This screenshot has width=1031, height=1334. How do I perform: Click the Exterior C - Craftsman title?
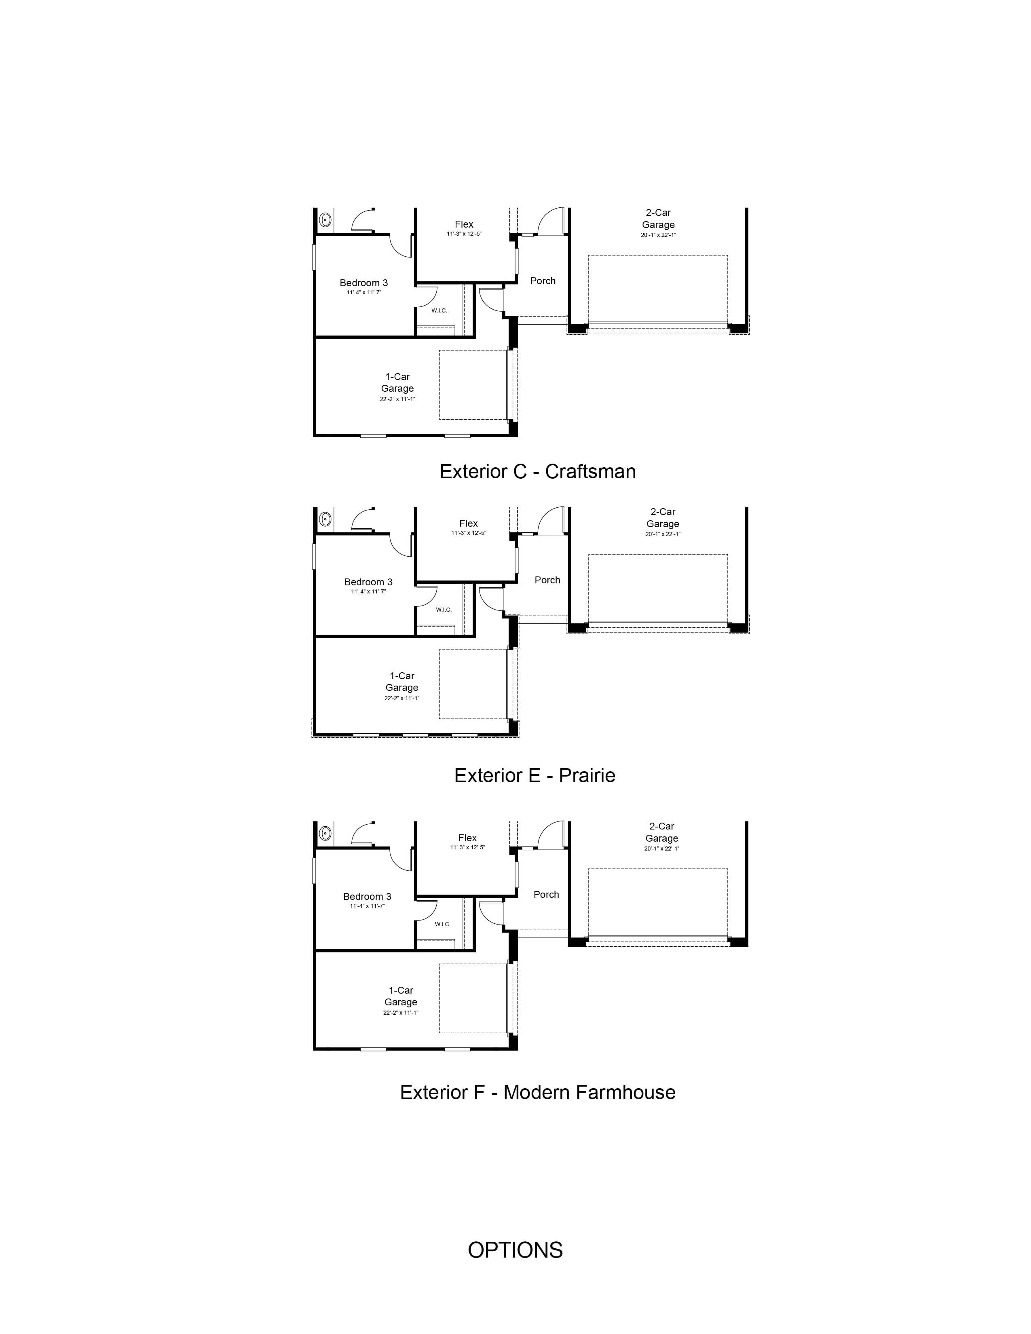pos(537,471)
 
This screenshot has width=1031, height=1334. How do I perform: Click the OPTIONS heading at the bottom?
pos(515,1250)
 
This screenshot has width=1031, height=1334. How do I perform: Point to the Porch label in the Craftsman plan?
pos(542,281)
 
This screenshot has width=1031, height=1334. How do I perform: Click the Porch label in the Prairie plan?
pos(547,580)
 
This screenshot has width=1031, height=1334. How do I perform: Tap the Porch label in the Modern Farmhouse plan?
pos(546,894)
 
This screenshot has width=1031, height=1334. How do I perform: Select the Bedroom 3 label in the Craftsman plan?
pos(363,283)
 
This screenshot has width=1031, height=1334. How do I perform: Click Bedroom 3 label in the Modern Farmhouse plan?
pos(367,897)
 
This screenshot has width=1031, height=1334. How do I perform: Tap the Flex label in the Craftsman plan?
pos(464,225)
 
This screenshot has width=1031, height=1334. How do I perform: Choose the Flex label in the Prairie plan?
pos(469,523)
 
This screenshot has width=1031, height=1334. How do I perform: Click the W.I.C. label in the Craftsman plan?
pos(439,311)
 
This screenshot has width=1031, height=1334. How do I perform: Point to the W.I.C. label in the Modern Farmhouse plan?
pos(443,924)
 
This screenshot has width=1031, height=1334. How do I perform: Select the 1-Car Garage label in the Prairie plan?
pos(402,682)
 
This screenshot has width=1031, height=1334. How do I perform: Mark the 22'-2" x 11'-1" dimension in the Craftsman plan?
pos(397,399)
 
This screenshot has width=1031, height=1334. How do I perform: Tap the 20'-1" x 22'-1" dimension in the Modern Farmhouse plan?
pos(661,849)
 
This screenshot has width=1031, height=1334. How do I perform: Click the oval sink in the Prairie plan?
pos(325,519)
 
